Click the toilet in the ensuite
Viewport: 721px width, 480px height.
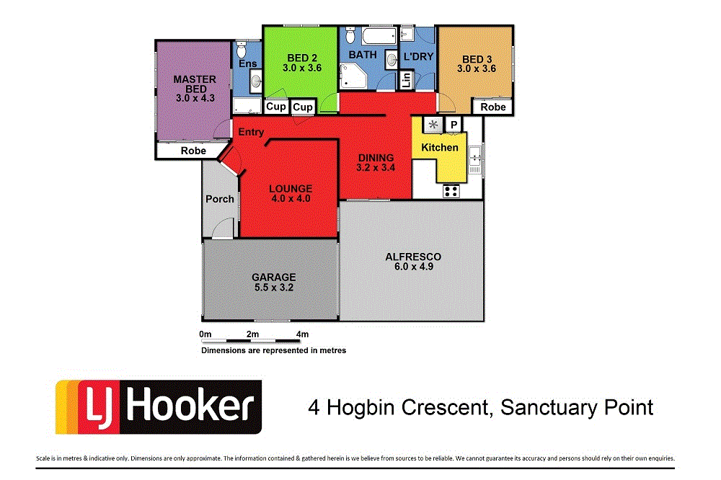click(x=242, y=50)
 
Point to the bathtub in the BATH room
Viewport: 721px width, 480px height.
click(x=374, y=37)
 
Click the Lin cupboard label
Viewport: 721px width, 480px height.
click(x=405, y=80)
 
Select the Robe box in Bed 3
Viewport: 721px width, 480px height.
click(x=493, y=107)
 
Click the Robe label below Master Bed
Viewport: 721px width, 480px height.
click(x=193, y=151)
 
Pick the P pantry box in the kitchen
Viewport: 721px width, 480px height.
click(x=454, y=125)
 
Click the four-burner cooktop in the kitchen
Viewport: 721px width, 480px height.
click(x=451, y=191)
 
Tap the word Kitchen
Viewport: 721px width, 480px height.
click(x=440, y=148)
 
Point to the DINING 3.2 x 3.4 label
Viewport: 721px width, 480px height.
click(x=376, y=163)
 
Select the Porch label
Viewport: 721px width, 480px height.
click(x=219, y=199)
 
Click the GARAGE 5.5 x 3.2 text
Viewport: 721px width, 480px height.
click(x=273, y=282)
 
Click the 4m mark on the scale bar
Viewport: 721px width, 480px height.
click(x=302, y=334)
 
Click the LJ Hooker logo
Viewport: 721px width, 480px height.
click(x=158, y=407)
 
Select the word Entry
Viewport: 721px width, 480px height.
click(x=251, y=133)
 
